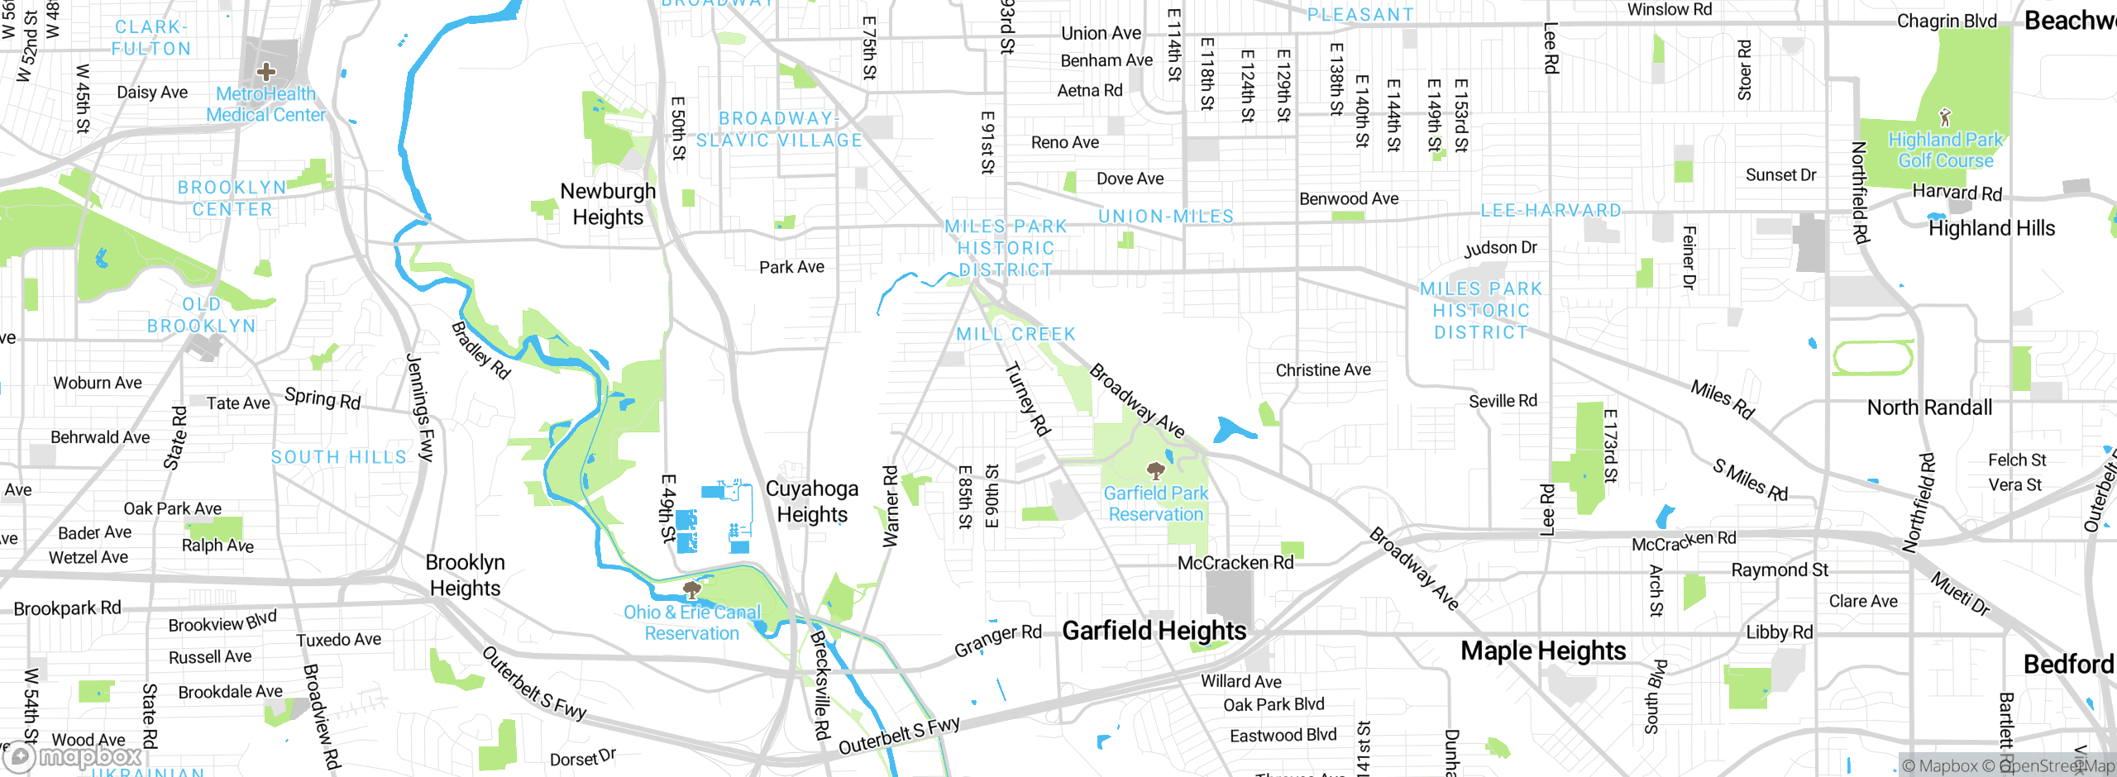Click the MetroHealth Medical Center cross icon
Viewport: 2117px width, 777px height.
tap(265, 72)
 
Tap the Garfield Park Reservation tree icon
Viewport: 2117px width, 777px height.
tap(1155, 471)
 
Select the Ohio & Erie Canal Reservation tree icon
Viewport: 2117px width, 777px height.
tap(692, 590)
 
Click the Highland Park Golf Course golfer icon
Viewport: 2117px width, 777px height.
tap(1945, 117)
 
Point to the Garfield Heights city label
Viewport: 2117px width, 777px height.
tap(1154, 631)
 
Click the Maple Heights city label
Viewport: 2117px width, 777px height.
tap(1542, 651)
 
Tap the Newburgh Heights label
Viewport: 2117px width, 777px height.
tap(608, 204)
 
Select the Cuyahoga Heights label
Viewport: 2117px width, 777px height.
tap(811, 501)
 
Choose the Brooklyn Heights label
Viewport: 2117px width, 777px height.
tap(465, 575)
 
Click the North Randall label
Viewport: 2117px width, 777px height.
tap(1929, 408)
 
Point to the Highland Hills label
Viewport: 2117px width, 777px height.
tap(1991, 228)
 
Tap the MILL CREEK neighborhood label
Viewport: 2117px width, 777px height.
tap(1015, 334)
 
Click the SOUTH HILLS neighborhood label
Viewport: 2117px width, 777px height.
tap(339, 457)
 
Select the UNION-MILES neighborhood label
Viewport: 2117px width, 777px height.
tap(1165, 217)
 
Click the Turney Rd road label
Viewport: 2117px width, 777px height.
tap(1027, 399)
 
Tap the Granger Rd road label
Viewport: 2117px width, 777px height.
tap(997, 641)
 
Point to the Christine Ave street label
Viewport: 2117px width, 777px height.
tap(1322, 370)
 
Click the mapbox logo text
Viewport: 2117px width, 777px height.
tap(89, 756)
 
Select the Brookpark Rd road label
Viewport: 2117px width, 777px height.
tap(67, 608)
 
